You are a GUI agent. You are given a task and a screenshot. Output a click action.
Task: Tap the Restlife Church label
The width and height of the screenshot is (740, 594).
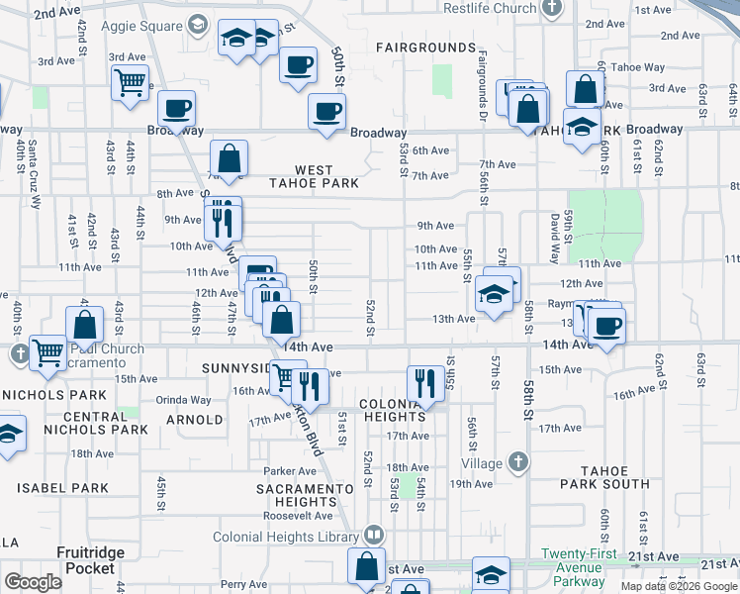coord(490,8)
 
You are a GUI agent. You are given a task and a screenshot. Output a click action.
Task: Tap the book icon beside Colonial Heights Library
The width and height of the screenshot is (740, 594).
coord(373,536)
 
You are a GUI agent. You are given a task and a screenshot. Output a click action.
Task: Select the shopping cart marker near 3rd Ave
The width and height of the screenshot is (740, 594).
coord(130,82)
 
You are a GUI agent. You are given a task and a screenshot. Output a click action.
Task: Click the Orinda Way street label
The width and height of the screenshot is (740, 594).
coord(184,400)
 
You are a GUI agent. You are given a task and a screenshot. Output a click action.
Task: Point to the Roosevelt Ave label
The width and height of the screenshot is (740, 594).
coord(297,515)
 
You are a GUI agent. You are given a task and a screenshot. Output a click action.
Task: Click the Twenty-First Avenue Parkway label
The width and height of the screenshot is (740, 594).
coord(579,568)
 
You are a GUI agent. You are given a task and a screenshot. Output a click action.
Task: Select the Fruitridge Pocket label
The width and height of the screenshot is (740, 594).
coord(91,560)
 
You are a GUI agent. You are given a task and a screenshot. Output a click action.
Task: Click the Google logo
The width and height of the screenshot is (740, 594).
coord(33,581)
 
